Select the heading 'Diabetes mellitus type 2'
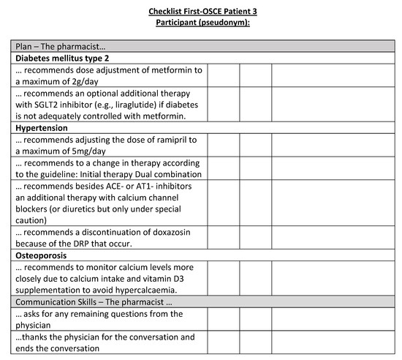(x=62, y=57)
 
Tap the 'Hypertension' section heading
(x=42, y=127)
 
